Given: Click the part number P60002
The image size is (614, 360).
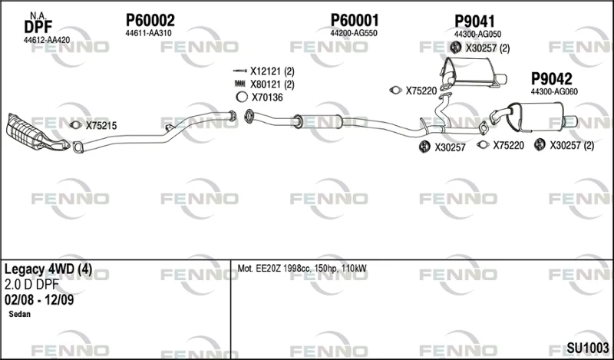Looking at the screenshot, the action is [150, 20].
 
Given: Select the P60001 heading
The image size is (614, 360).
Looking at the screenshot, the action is [355, 20].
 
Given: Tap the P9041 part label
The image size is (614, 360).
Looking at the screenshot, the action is [474, 21].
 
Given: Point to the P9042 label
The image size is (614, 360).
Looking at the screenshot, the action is [551, 79].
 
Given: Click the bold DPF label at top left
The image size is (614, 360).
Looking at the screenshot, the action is [38, 28].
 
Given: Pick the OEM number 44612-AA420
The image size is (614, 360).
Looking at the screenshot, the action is [47, 40].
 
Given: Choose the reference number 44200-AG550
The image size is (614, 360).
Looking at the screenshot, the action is [354, 33].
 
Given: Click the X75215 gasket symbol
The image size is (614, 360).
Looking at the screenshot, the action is [75, 125].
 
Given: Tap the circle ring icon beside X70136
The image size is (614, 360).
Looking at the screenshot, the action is [242, 97].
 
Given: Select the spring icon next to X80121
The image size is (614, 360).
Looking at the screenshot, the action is [239, 84].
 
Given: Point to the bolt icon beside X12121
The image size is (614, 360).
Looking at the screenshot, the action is [239, 71].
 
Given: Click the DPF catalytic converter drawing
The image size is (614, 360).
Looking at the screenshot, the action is [38, 133].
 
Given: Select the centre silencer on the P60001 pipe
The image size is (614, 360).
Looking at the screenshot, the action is [319, 121].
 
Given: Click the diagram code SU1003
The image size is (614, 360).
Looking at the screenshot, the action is [588, 348].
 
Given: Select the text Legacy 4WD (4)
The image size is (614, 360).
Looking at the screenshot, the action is [48, 269].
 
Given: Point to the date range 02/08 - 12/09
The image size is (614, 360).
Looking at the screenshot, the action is [39, 300].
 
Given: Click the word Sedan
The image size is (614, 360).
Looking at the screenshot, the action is [20, 314].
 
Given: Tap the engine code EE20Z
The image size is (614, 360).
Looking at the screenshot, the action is [268, 269].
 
